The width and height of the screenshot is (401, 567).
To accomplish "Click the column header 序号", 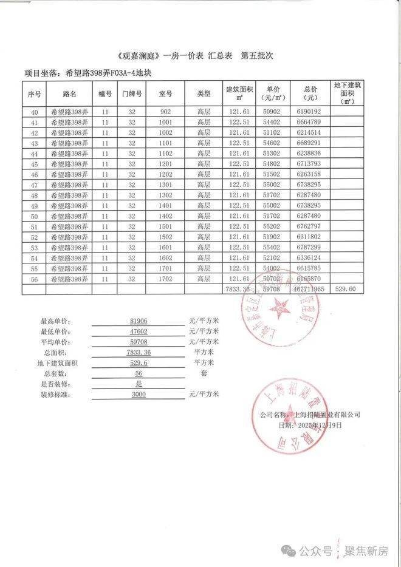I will click(34, 94).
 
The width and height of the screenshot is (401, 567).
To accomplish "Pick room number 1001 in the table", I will click(166, 122).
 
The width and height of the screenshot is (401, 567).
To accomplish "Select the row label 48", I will click(34, 195).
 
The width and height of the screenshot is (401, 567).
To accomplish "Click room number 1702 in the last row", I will click(166, 279).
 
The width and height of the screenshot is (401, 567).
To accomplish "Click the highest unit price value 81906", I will click(139, 321).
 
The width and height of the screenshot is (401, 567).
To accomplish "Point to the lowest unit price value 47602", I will click(139, 331).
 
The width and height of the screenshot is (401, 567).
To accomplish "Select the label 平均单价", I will click(55, 342).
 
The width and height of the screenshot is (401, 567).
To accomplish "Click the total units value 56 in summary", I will click(139, 374).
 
